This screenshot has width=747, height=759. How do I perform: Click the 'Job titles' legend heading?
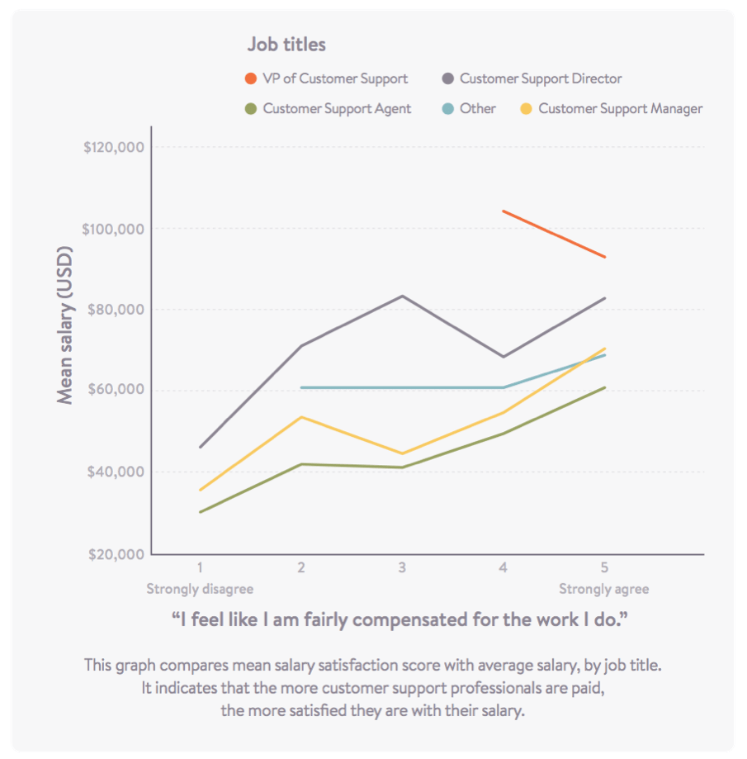click(x=286, y=44)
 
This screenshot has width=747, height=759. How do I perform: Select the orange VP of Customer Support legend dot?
click(x=250, y=79)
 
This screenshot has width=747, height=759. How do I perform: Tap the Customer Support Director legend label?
click(x=541, y=79)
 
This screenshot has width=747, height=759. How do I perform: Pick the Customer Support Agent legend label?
click(x=337, y=108)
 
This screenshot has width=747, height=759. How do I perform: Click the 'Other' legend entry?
click(x=478, y=108)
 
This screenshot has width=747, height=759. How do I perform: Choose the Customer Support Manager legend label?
click(x=620, y=108)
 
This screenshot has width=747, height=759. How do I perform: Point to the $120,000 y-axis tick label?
click(x=115, y=148)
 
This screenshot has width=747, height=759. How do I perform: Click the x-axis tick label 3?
click(x=402, y=568)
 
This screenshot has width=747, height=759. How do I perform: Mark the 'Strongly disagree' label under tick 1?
click(x=200, y=589)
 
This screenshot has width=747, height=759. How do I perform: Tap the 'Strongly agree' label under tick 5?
click(x=603, y=589)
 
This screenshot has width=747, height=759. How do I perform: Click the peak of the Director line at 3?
click(x=402, y=296)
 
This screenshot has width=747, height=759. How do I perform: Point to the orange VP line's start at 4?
click(x=504, y=211)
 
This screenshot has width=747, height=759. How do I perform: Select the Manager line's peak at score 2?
click(x=301, y=417)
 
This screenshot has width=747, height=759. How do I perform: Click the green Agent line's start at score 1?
click(x=200, y=512)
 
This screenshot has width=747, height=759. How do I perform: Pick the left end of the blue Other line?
click(x=301, y=387)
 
